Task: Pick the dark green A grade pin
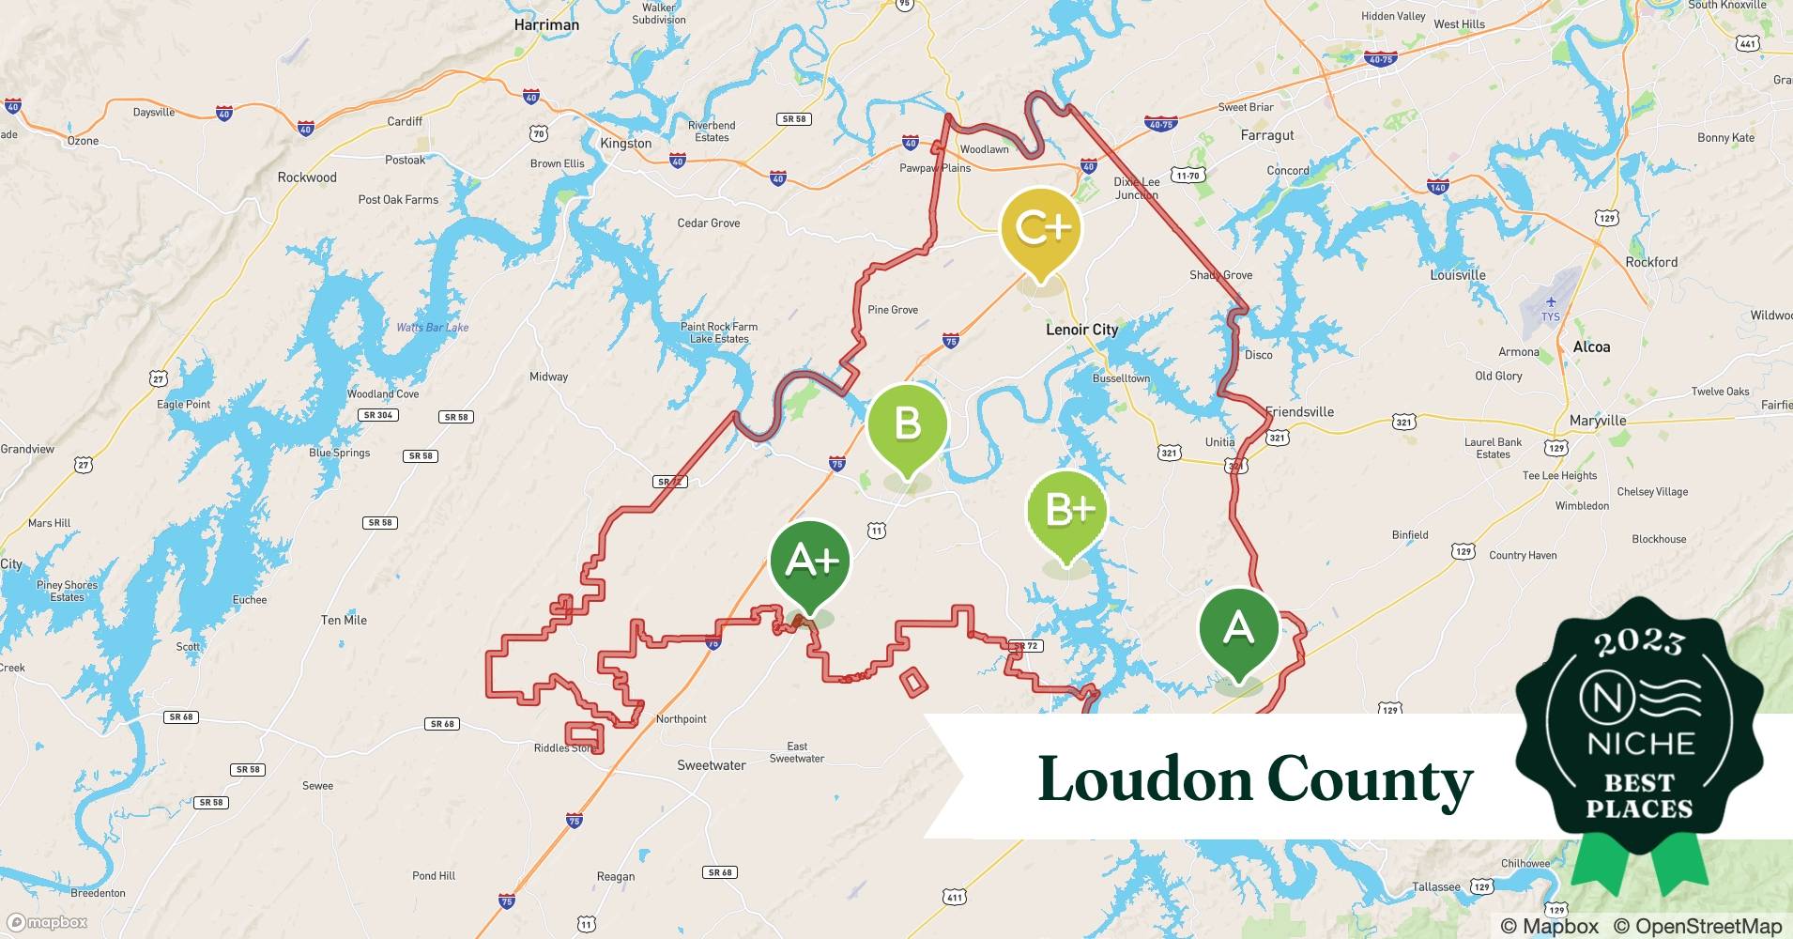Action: [x=1239, y=628]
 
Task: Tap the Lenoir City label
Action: [x=1081, y=330]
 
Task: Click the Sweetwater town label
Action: [x=712, y=765]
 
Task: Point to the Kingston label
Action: [x=625, y=144]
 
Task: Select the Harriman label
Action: [x=546, y=24]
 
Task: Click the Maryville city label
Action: [x=1598, y=421]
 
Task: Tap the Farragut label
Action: [x=1267, y=135]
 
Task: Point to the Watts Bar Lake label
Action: [x=432, y=328]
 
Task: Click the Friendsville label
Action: [x=1299, y=411]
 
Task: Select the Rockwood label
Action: [x=307, y=177]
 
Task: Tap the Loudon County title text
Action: [x=1255, y=779]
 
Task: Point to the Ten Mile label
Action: [x=344, y=620]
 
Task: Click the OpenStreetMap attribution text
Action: [x=1697, y=926]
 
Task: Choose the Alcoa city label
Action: [x=1591, y=347]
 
